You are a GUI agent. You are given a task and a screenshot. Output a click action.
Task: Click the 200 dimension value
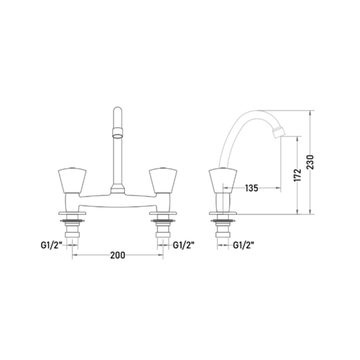click(x=118, y=255)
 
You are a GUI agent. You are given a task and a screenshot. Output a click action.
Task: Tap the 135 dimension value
click(x=252, y=188)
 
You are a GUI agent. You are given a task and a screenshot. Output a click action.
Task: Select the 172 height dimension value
click(x=297, y=175)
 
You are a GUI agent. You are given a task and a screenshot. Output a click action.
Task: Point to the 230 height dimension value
click(x=310, y=162)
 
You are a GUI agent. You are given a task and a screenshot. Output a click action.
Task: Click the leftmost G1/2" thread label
click(x=51, y=245)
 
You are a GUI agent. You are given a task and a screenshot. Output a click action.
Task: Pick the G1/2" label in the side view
click(x=244, y=245)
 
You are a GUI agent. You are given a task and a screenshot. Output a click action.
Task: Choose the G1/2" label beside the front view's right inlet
click(x=184, y=245)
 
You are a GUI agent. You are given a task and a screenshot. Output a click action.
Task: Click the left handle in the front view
click(x=72, y=181)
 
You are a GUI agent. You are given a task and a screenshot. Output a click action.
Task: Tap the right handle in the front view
click(x=163, y=181)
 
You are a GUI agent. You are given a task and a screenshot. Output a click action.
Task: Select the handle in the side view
click(x=223, y=181)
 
